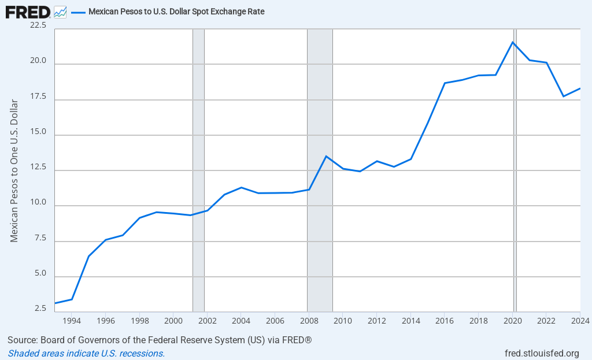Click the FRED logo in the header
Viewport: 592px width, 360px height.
coord(28,11)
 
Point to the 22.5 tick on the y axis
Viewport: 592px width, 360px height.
coord(40,25)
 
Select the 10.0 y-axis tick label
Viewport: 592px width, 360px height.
coord(40,202)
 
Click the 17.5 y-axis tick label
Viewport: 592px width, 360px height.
coord(40,96)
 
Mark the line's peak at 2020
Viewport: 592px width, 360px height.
coord(512,42)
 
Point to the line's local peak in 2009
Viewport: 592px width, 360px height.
coord(326,156)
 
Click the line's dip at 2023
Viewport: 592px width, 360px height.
coord(563,96)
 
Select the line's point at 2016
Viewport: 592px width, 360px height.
coord(445,83)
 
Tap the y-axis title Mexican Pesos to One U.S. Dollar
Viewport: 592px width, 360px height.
coord(14,170)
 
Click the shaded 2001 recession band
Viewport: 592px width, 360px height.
coord(198,173)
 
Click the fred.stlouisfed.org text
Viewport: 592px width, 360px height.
coord(541,353)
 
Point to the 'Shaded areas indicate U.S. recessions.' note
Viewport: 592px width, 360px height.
coord(86,353)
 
